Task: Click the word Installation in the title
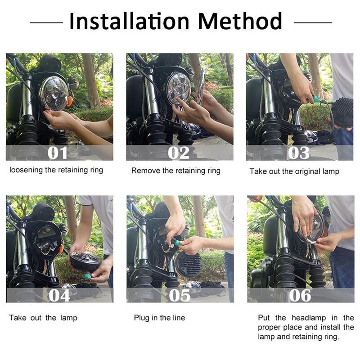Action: click(x=129, y=21)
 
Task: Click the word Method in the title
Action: click(x=240, y=21)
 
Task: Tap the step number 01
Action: click(x=58, y=153)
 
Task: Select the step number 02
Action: click(x=179, y=153)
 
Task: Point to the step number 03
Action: click(x=299, y=153)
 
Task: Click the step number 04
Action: click(x=59, y=295)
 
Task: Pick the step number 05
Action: click(x=180, y=295)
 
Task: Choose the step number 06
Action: click(x=300, y=295)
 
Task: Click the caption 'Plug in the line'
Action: click(x=160, y=318)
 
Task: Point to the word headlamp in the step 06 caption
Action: click(x=309, y=318)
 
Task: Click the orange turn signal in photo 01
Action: click(x=69, y=102)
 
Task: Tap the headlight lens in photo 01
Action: click(x=54, y=94)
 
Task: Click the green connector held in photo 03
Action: click(x=316, y=99)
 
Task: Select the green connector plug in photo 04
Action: click(x=86, y=276)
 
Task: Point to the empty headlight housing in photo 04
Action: click(x=48, y=240)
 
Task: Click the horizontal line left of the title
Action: click(x=46, y=22)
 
